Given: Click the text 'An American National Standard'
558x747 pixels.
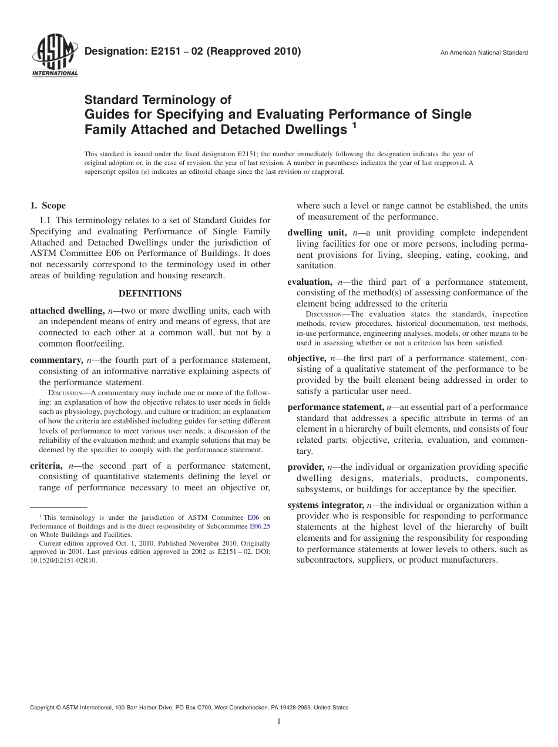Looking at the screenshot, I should point(484,53).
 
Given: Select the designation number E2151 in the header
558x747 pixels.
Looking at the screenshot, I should point(158,52).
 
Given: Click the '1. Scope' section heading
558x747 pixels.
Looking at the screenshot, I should point(48,206).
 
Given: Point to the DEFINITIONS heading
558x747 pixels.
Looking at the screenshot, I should point(150,293).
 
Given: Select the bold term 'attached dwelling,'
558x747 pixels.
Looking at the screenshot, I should point(68,311).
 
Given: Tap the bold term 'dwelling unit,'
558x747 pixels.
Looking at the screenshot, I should point(317,233).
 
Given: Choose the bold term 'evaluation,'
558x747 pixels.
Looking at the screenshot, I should point(310,282).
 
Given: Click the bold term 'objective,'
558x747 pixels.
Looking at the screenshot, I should point(307,358).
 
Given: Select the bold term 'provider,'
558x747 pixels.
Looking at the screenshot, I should point(305,467).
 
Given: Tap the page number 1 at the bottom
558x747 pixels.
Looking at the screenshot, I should point(279,722).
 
